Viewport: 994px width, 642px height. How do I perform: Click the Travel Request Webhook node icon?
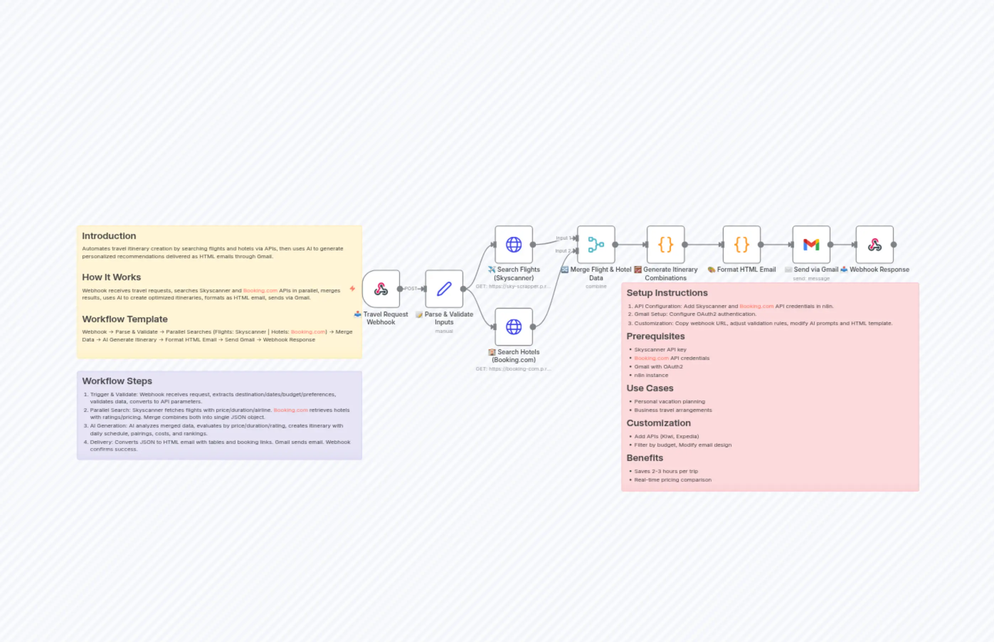tap(381, 288)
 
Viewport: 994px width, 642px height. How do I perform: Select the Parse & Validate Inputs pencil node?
tap(444, 288)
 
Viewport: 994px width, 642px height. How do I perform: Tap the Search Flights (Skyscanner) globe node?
tap(514, 244)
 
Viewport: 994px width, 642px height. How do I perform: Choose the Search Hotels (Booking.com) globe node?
tap(514, 327)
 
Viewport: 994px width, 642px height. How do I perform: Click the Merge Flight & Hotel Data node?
tap(596, 244)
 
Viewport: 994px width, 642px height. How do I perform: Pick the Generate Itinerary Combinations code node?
tap(665, 244)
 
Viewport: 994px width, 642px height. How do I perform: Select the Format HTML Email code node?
tap(741, 244)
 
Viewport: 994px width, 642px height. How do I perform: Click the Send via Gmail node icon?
tap(811, 244)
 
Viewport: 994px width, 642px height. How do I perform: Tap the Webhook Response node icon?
tap(874, 244)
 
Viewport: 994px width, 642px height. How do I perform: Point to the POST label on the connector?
tap(411, 288)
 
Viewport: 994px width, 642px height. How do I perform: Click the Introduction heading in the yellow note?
tap(109, 236)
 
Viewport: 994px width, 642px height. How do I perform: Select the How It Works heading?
tap(111, 277)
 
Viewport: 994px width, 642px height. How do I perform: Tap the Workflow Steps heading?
tap(117, 381)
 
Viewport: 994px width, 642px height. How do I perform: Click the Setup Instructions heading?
tap(667, 293)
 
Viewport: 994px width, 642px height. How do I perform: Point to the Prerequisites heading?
tap(655, 336)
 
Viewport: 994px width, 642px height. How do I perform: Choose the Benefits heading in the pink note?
tap(645, 458)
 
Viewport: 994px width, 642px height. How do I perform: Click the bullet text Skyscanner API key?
tap(660, 350)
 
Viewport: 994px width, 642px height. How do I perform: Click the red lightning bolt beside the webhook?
tap(352, 288)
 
